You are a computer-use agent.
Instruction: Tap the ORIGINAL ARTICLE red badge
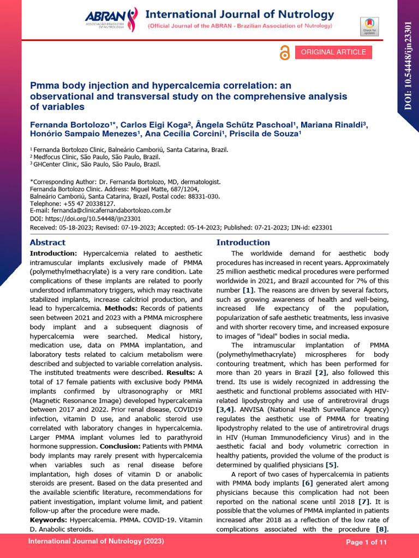[x=333, y=52]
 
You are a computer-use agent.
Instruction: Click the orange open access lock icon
[x=284, y=53]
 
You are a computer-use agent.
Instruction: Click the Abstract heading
[x=47, y=242]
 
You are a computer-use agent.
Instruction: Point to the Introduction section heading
[x=243, y=242]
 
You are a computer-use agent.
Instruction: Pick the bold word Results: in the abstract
[x=170, y=372]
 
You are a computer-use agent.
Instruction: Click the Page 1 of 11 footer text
[x=367, y=543]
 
